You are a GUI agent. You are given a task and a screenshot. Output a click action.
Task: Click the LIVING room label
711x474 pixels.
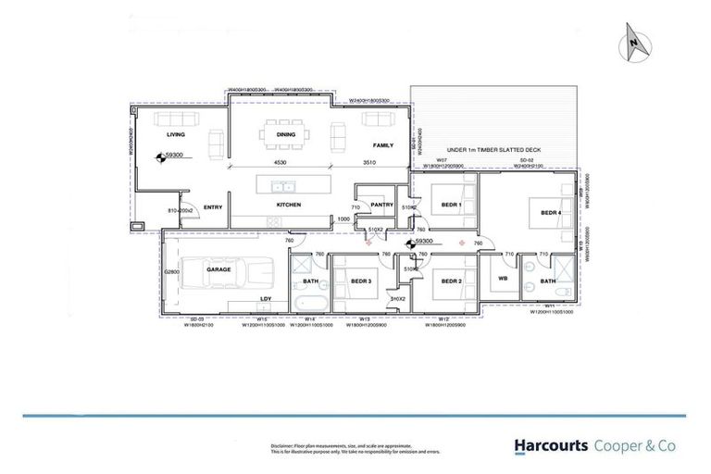tap(176, 134)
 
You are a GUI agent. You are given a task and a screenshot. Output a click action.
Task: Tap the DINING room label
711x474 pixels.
tap(285, 134)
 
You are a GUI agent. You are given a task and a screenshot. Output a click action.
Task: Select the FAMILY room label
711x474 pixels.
tap(382, 146)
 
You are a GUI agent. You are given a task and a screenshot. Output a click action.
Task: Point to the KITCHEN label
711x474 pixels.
tap(290, 205)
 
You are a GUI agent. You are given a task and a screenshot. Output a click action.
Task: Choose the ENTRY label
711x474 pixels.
tap(213, 207)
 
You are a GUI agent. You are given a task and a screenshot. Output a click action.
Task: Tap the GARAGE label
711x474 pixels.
tap(218, 268)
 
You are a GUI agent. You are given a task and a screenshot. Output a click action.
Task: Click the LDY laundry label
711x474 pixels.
tap(266, 298)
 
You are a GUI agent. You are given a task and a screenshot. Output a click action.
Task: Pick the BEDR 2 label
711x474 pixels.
tap(451, 281)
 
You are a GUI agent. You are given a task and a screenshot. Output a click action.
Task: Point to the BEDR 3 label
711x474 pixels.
tap(360, 281)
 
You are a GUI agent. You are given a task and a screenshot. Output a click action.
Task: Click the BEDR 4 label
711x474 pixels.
tap(551, 213)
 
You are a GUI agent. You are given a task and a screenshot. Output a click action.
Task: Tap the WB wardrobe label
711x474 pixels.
tap(503, 278)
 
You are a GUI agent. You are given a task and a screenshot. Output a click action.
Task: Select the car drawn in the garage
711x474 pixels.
tap(227, 275)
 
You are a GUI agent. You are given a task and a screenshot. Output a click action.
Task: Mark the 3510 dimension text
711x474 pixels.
tap(368, 163)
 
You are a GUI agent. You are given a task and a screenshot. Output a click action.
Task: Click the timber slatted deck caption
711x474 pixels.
tap(493, 150)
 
